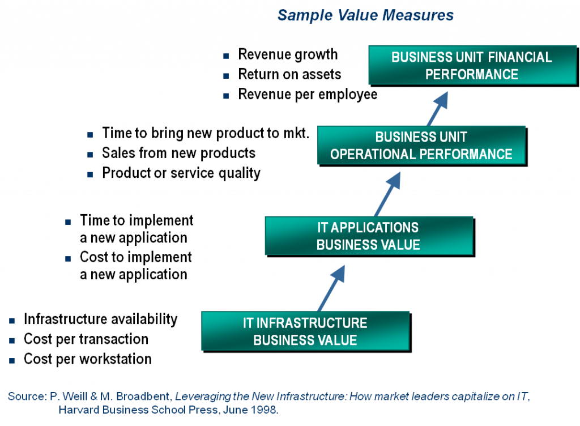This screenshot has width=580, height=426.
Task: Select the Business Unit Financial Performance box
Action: point(471,66)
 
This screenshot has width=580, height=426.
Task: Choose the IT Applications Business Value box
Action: point(368,236)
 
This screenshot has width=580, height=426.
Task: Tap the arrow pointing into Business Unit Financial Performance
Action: point(436,109)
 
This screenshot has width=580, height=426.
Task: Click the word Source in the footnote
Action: point(25,397)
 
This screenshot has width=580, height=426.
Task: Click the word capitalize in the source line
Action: point(478,397)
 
